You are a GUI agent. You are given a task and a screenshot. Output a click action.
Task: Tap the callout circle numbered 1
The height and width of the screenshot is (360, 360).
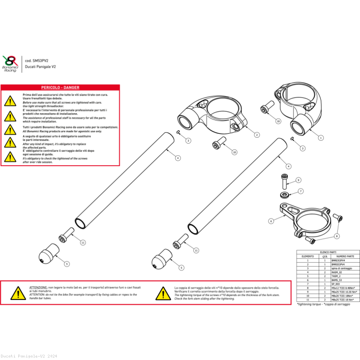pos(321,138)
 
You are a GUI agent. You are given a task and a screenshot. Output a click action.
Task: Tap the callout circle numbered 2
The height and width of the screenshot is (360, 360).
pos(257,134)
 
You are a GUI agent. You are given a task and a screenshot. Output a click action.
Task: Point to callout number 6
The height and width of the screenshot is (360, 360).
pos(270,221)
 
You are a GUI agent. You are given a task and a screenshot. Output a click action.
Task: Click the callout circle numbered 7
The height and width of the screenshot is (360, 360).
pos(300,191)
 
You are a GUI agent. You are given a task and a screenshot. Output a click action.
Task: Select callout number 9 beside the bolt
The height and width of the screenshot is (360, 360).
pos(298,180)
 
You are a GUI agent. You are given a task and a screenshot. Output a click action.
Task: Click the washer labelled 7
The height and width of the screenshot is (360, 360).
pos(285,195)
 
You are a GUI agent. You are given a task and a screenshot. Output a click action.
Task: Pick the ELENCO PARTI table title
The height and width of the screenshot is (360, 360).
pos(328,252)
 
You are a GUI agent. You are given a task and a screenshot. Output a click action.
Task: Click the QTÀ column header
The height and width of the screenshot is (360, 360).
pos(324,256)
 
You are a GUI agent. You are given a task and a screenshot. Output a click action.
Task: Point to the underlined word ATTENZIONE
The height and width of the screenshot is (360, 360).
pos(38,287)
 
